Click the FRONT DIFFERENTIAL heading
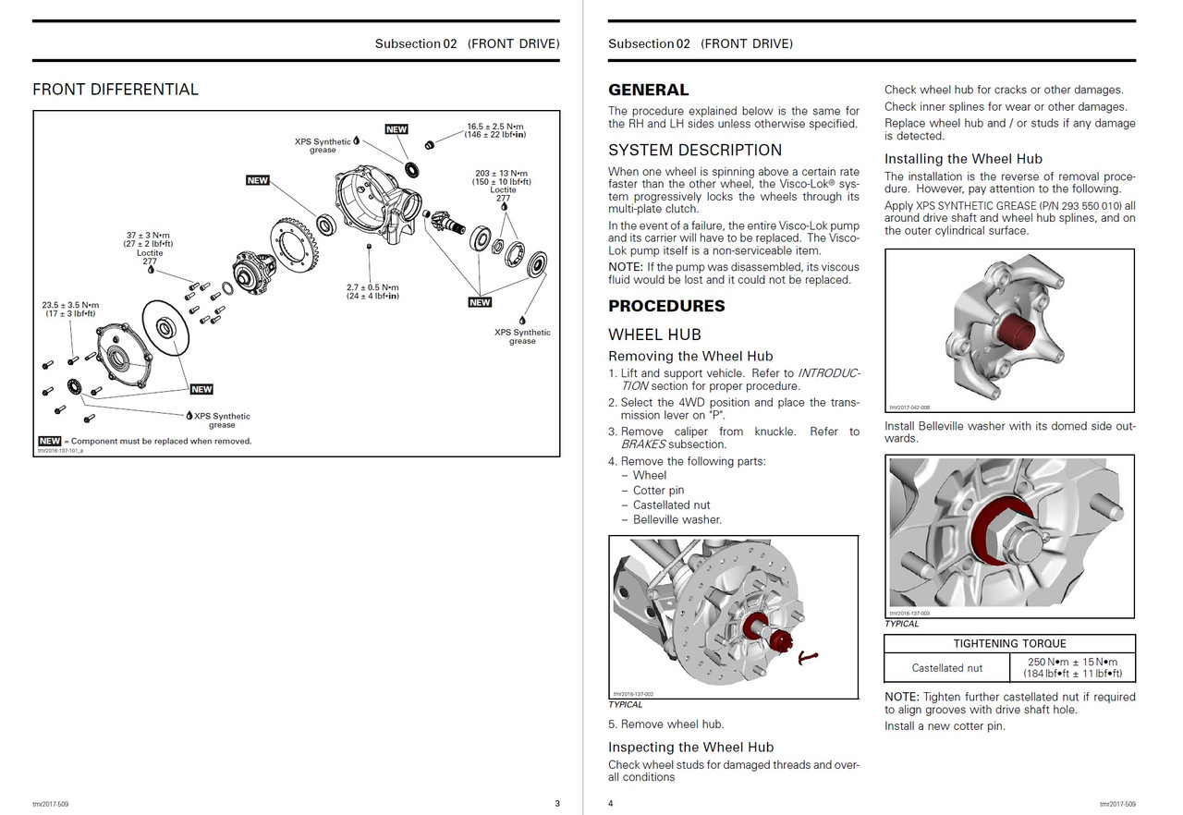pyautogui.click(x=116, y=90)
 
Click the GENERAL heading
pyautogui.click(x=648, y=90)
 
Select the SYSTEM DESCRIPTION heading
pyautogui.click(x=694, y=150)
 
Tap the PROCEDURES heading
pyautogui.click(x=666, y=306)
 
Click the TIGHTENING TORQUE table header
pyautogui.click(x=1009, y=643)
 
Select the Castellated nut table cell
pyautogui.click(x=946, y=667)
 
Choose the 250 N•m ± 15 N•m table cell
pyautogui.click(x=1072, y=667)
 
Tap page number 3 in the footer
pyautogui.click(x=556, y=803)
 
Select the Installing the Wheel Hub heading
pyautogui.click(x=963, y=159)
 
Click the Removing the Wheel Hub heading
pyautogui.click(x=690, y=356)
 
